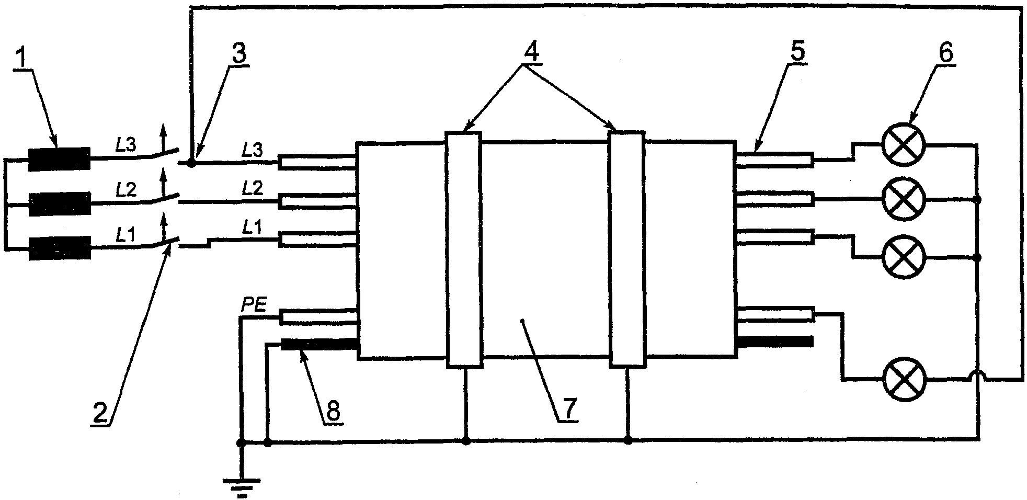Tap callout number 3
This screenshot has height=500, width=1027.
(240, 53)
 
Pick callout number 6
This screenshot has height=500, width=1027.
(945, 52)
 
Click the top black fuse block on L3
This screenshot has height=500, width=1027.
(59, 159)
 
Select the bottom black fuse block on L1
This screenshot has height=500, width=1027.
(59, 248)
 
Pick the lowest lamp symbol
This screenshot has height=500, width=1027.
(904, 380)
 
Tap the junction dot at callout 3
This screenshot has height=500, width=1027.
(191, 163)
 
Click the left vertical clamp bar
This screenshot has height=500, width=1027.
(464, 248)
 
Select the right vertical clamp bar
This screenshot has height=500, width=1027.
(627, 248)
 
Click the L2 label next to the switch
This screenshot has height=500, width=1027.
(126, 189)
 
